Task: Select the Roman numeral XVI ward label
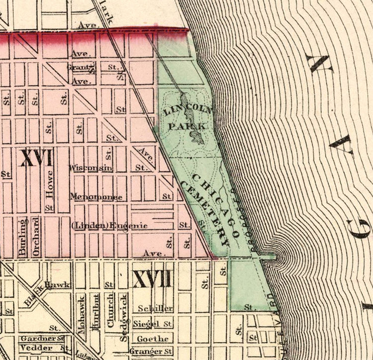coord(36,159)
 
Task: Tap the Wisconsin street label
coord(92,168)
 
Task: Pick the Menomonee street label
coord(96,197)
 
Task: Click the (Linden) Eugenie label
coord(109,226)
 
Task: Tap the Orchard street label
coord(36,237)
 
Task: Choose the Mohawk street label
coord(82,312)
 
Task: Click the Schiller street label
coord(155,308)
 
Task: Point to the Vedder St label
coord(44,348)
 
